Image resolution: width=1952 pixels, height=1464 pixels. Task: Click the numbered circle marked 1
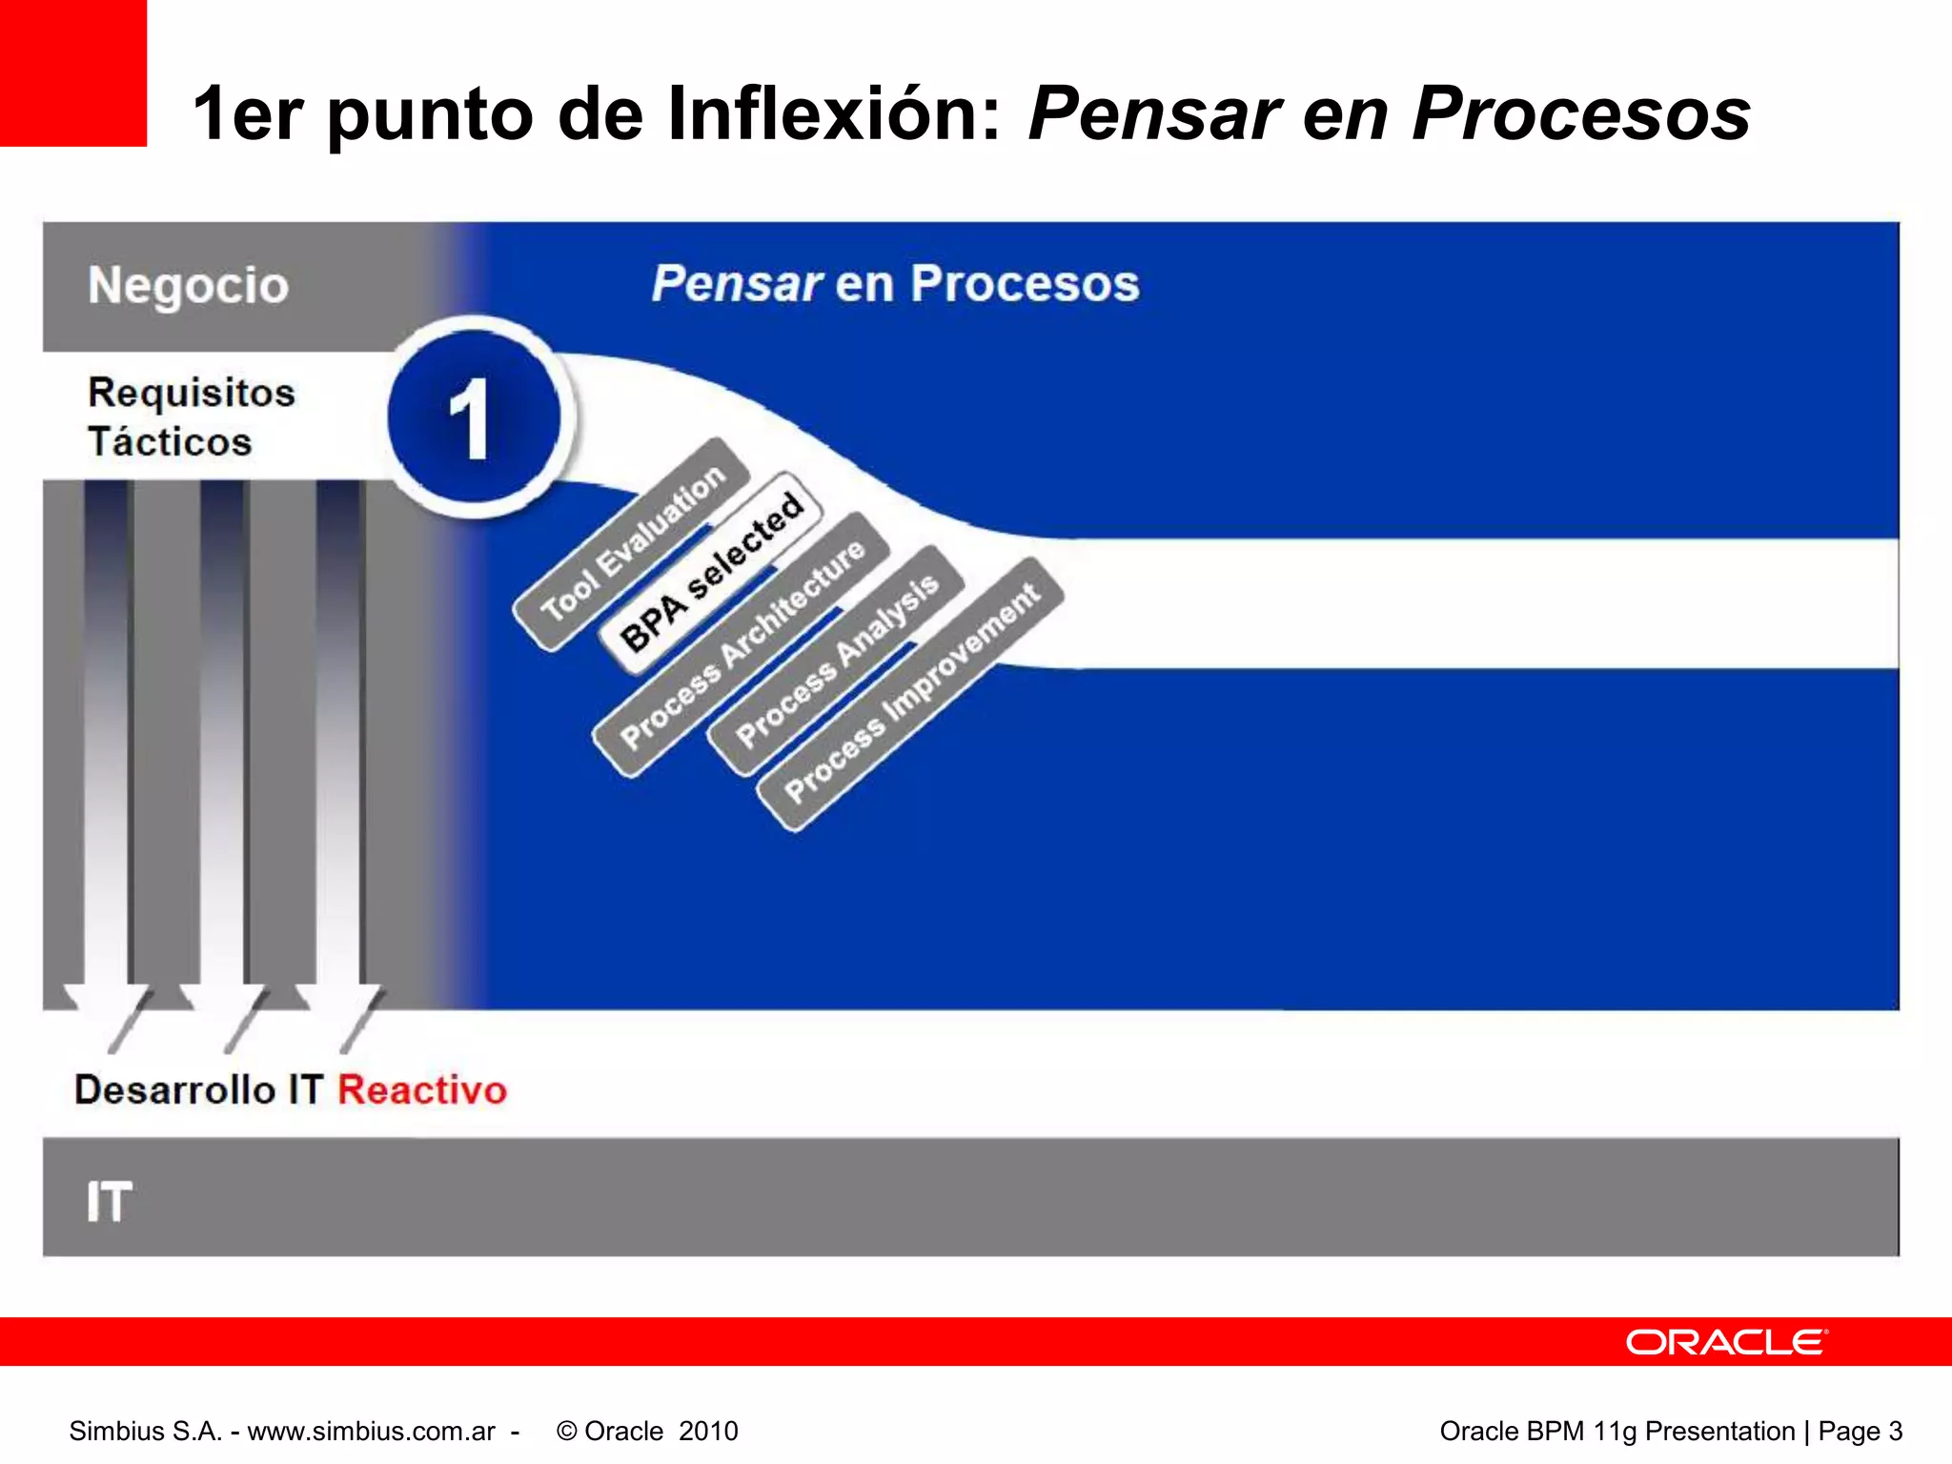click(473, 417)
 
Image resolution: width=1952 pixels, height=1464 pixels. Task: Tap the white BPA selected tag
click(710, 572)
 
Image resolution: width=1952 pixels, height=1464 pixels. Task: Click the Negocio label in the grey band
click(189, 285)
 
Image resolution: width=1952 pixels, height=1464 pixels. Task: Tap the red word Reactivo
click(422, 1089)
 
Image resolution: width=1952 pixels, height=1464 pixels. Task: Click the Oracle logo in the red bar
click(1726, 1342)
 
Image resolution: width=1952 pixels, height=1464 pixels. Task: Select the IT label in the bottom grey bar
click(109, 1201)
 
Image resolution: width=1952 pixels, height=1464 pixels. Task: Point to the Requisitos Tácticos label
click(191, 417)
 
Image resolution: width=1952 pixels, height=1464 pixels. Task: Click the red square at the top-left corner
click(73, 73)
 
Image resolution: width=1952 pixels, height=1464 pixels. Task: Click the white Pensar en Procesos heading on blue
click(896, 283)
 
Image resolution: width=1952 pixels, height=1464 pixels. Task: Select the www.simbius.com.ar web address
click(371, 1431)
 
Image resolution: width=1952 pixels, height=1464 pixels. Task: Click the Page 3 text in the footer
click(1860, 1431)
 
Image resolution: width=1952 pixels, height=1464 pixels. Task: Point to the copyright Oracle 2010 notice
click(647, 1431)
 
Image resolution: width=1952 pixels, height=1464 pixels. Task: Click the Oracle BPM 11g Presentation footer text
click(1616, 1431)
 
